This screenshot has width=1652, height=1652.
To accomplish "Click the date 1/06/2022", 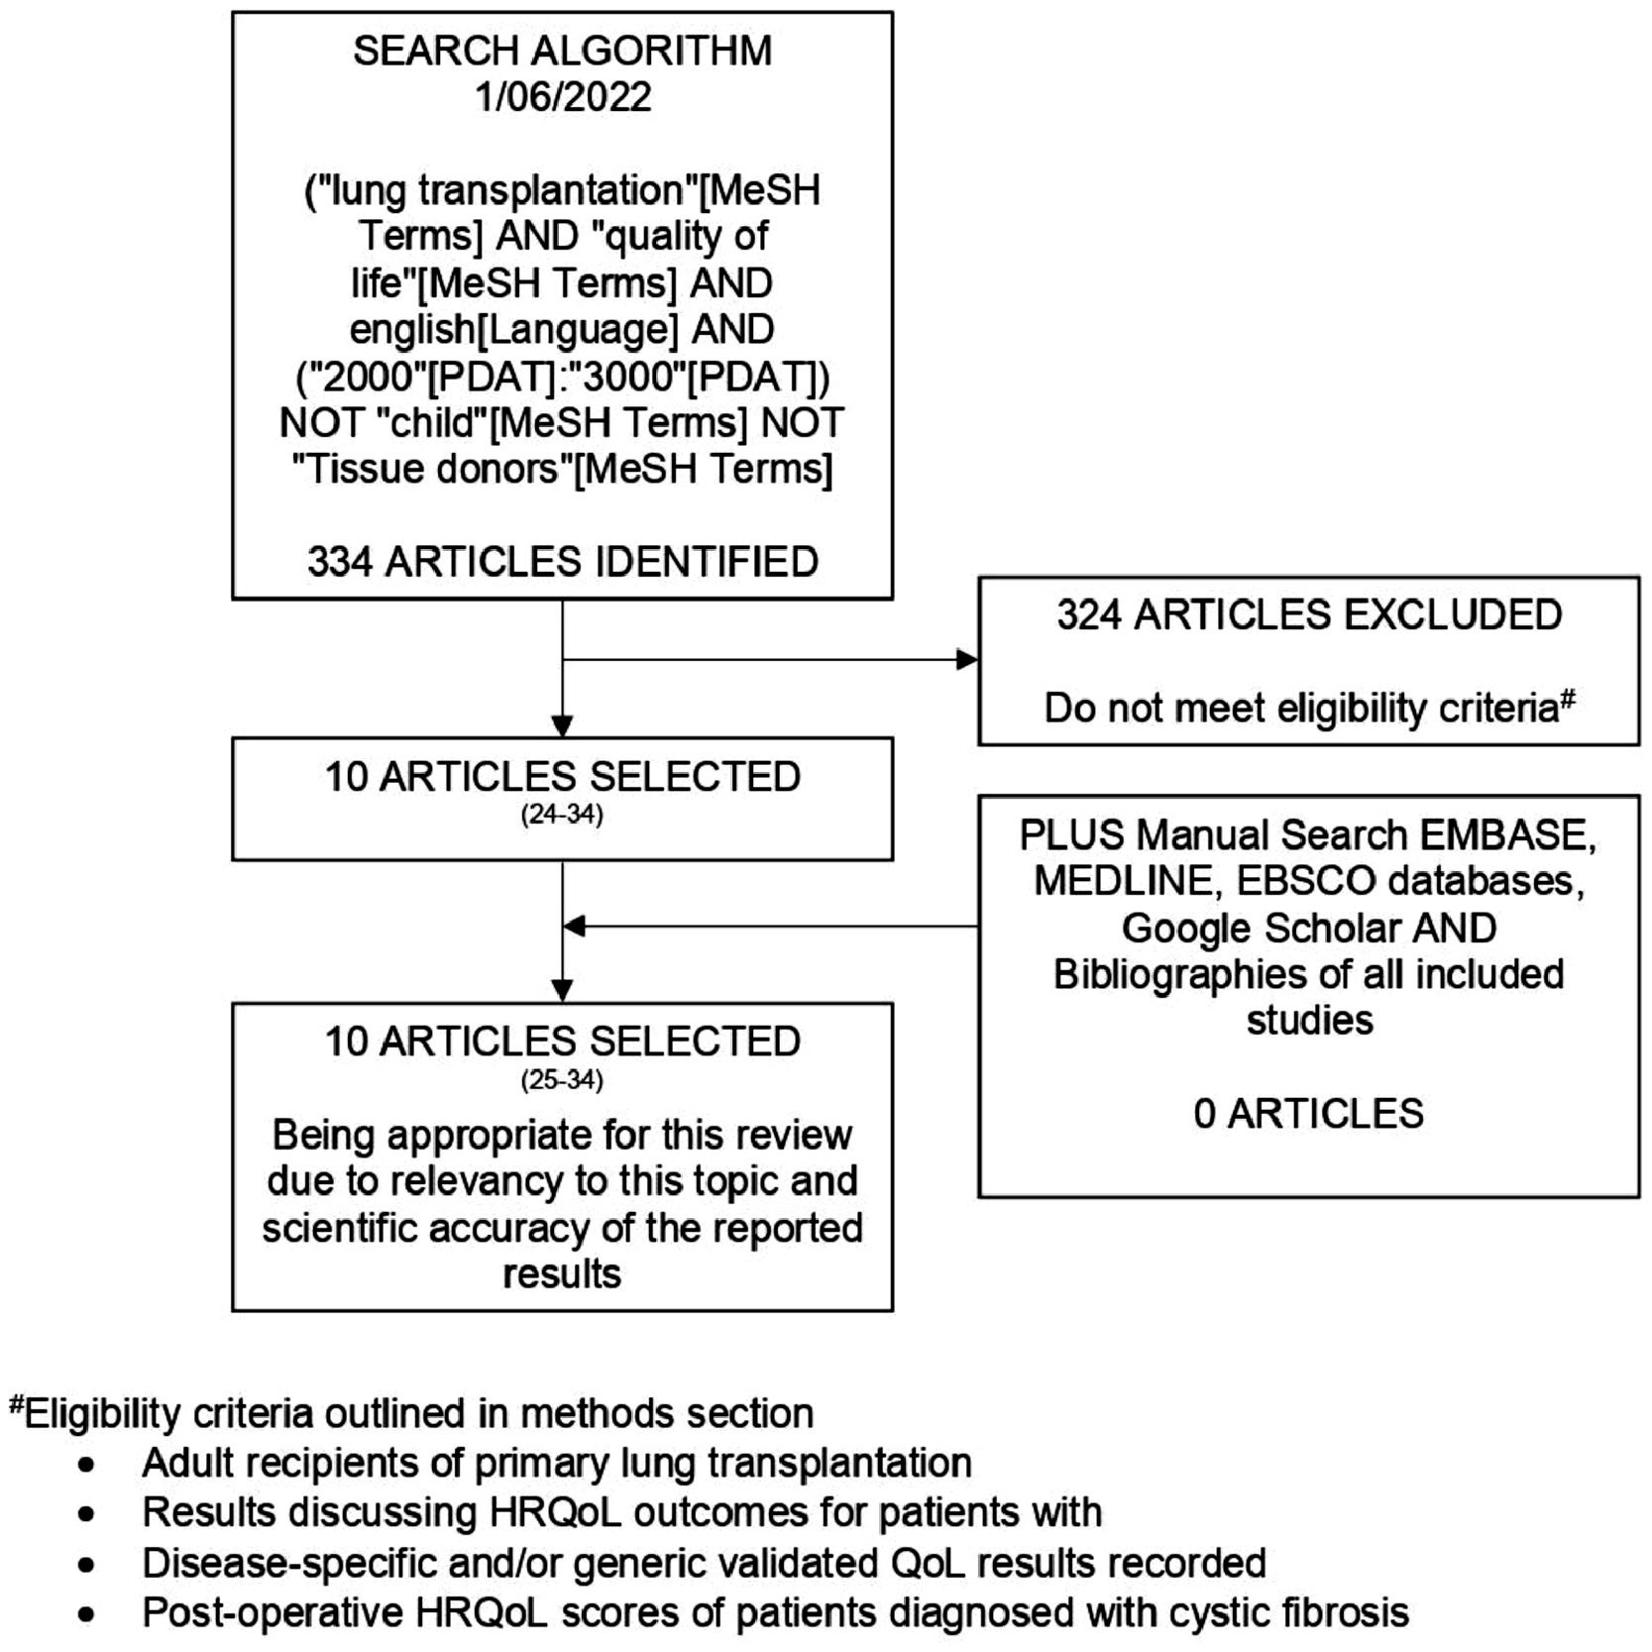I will coord(563,97).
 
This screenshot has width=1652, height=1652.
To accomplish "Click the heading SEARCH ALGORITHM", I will coord(563,51).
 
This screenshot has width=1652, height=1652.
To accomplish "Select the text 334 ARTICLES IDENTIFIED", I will coord(563,562).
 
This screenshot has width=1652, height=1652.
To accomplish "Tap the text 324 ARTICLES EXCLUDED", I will coord(1309,615).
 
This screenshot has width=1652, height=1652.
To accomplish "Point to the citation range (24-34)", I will coord(562,815).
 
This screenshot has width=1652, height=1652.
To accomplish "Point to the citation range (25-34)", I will coord(562,1079).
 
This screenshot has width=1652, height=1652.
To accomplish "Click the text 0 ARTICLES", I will coord(1309,1114).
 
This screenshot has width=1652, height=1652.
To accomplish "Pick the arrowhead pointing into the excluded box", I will coord(966,659).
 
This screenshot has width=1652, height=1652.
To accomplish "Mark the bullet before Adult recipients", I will coord(88,1465).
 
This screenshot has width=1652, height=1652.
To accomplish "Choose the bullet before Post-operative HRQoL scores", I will coord(88,1614).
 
